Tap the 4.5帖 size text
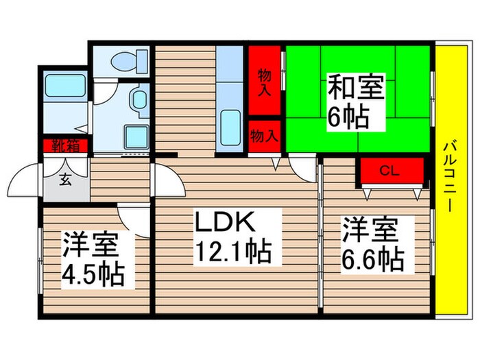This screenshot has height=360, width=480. (x=93, y=274)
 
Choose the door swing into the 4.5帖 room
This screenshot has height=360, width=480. (x=134, y=218)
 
